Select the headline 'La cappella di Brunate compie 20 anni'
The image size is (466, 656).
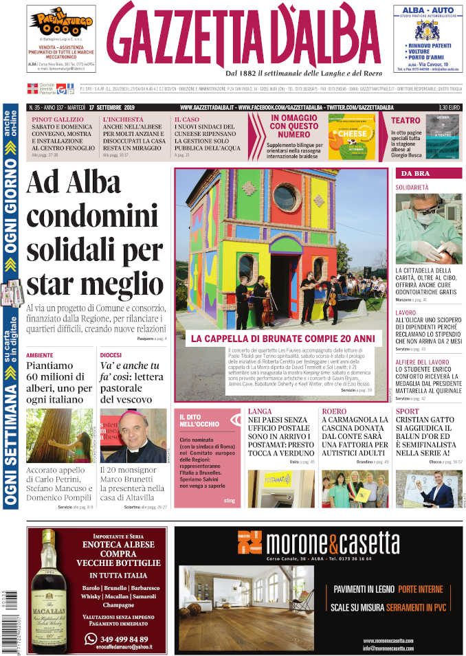[x=282, y=339]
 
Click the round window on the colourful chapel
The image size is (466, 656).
[x=285, y=198]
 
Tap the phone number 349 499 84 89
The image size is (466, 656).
[x=123, y=639]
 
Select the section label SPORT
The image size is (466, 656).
[x=407, y=412]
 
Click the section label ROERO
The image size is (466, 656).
[x=334, y=412]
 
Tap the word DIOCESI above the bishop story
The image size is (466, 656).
[x=111, y=355]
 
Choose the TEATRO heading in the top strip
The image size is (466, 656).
[x=406, y=120]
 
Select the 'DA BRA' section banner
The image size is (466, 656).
[x=415, y=174]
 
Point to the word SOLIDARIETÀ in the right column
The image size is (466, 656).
[x=412, y=188]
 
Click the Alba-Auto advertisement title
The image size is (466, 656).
[x=428, y=11]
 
